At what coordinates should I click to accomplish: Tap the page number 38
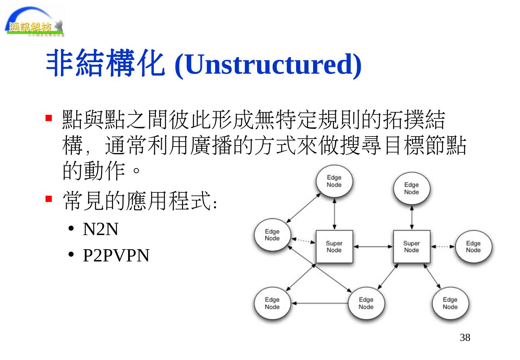point(465,338)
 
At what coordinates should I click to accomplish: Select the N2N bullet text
point(100,229)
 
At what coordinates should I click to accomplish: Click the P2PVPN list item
point(116,255)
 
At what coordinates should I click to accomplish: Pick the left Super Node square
point(334,247)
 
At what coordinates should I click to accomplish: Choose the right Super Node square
point(411,247)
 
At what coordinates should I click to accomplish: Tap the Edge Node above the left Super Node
point(334,181)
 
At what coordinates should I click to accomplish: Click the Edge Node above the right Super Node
point(412,188)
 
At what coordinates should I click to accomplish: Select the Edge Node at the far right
point(473,247)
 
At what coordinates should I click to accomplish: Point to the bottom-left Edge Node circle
point(272,303)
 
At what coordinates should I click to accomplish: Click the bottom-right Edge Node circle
point(450,303)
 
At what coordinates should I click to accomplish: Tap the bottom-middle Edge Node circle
point(366,303)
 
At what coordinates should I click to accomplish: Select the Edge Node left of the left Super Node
point(272,235)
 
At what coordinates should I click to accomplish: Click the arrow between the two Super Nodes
point(373,247)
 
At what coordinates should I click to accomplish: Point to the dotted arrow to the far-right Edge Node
point(442,247)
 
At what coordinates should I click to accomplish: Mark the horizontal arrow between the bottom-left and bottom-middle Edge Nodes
point(320,303)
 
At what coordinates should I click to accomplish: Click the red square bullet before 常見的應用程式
point(49,199)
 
